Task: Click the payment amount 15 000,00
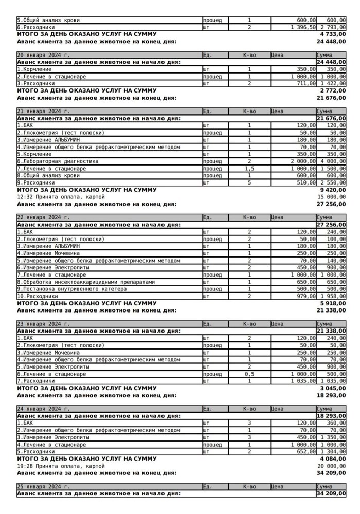pyautogui.click(x=332, y=197)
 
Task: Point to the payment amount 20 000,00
pyautogui.click(x=332, y=465)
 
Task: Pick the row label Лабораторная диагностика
pyautogui.click(x=58, y=161)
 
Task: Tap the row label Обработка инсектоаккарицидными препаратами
pyautogui.click(x=85, y=282)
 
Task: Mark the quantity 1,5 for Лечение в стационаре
pyautogui.click(x=249, y=168)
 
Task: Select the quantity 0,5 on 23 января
pyautogui.click(x=249, y=375)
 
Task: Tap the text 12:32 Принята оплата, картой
pyautogui.click(x=61, y=197)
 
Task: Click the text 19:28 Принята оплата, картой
pyautogui.click(x=61, y=465)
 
